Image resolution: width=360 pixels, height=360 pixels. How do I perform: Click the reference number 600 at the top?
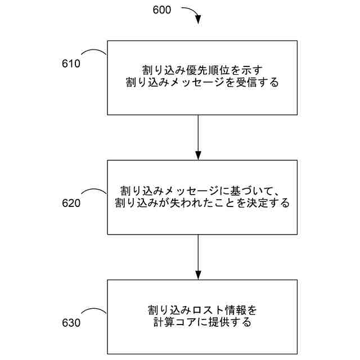[163, 10]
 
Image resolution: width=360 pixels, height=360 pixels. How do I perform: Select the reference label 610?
[71, 63]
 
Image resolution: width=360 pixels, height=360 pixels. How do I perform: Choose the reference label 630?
[71, 323]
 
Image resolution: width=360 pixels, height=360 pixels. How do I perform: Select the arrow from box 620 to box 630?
[198, 256]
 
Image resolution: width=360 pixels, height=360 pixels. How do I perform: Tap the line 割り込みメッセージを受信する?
[202, 83]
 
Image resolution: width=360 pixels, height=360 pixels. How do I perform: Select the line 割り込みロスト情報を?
[201, 310]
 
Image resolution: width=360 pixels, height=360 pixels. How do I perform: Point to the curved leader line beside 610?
[96, 52]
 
